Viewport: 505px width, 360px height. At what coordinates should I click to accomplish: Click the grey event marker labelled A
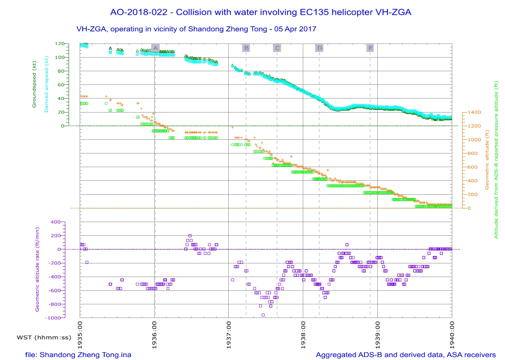[x=156, y=48]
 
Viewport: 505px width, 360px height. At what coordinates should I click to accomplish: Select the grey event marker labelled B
[x=246, y=48]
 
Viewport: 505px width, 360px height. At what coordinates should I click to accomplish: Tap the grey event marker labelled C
[x=277, y=48]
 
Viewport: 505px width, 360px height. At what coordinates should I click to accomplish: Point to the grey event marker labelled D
[x=319, y=48]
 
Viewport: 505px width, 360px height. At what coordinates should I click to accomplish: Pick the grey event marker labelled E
[x=370, y=48]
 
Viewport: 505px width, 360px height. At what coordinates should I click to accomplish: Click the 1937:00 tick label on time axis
[x=229, y=335]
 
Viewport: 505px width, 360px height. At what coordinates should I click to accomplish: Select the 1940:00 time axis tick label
[x=452, y=335]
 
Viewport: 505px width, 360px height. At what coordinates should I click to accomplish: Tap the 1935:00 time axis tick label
[x=80, y=335]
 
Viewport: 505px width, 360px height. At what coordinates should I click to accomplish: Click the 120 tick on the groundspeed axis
[x=59, y=44]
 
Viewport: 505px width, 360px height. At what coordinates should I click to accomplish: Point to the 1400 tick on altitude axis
[x=474, y=112]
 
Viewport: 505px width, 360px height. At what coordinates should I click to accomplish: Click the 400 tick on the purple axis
[x=55, y=222]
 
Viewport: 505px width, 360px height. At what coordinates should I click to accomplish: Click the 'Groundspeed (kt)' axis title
[x=34, y=84]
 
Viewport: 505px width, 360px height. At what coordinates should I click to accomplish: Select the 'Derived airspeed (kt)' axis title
[x=46, y=84]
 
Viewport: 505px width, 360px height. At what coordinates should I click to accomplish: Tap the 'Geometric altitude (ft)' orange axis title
[x=487, y=160]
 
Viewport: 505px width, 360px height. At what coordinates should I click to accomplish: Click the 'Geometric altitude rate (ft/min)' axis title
[x=37, y=270]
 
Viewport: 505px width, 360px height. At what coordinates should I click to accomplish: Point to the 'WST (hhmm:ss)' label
[x=44, y=337]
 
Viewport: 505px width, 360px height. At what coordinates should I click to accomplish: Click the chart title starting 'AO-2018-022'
[x=260, y=12]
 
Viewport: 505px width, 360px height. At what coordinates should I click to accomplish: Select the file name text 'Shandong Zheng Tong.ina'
[x=85, y=355]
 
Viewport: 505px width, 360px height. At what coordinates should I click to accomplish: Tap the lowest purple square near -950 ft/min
[x=263, y=315]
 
